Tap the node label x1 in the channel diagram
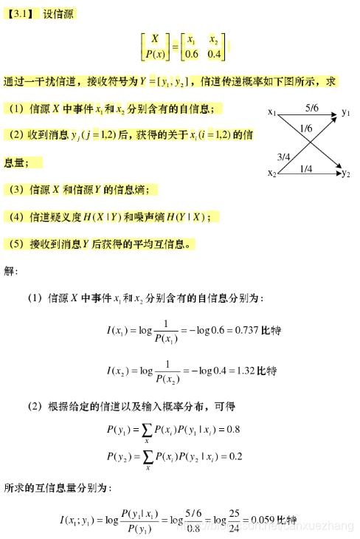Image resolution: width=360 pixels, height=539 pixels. pyautogui.click(x=271, y=113)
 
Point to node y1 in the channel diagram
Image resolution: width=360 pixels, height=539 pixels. pyautogui.click(x=346, y=113)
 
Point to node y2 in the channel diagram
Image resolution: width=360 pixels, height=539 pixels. pyautogui.click(x=346, y=174)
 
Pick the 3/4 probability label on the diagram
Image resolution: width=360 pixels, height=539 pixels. pyautogui.click(x=283, y=157)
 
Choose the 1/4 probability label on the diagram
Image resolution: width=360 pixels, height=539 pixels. pyautogui.click(x=306, y=168)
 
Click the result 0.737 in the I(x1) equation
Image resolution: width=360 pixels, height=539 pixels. pyautogui.click(x=244, y=330)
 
